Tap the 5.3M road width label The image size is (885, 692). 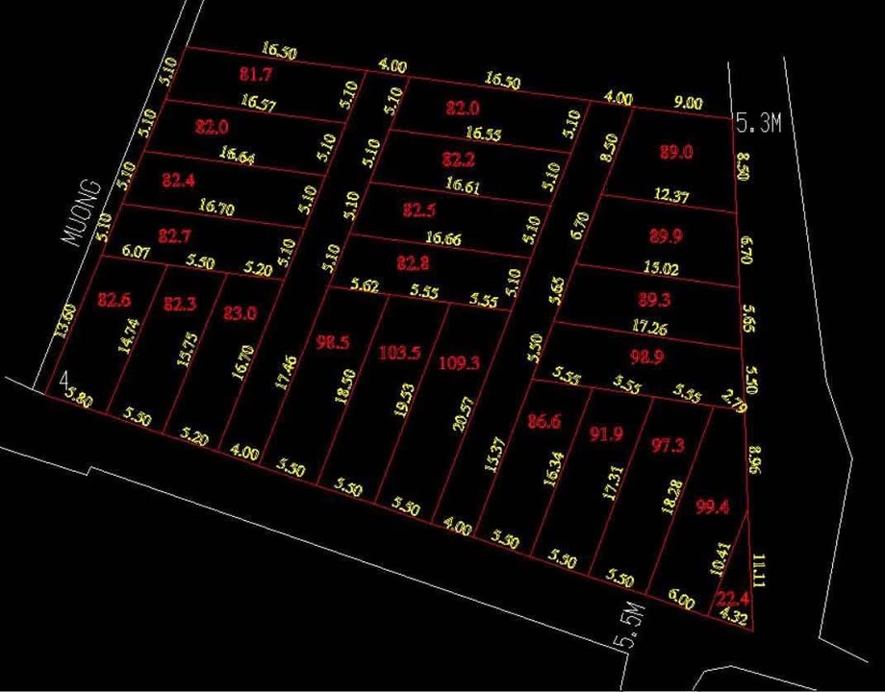click(x=754, y=121)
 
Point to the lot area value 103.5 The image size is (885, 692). click(x=400, y=353)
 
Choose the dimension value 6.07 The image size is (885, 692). click(x=137, y=253)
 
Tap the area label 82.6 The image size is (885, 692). click(x=114, y=300)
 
